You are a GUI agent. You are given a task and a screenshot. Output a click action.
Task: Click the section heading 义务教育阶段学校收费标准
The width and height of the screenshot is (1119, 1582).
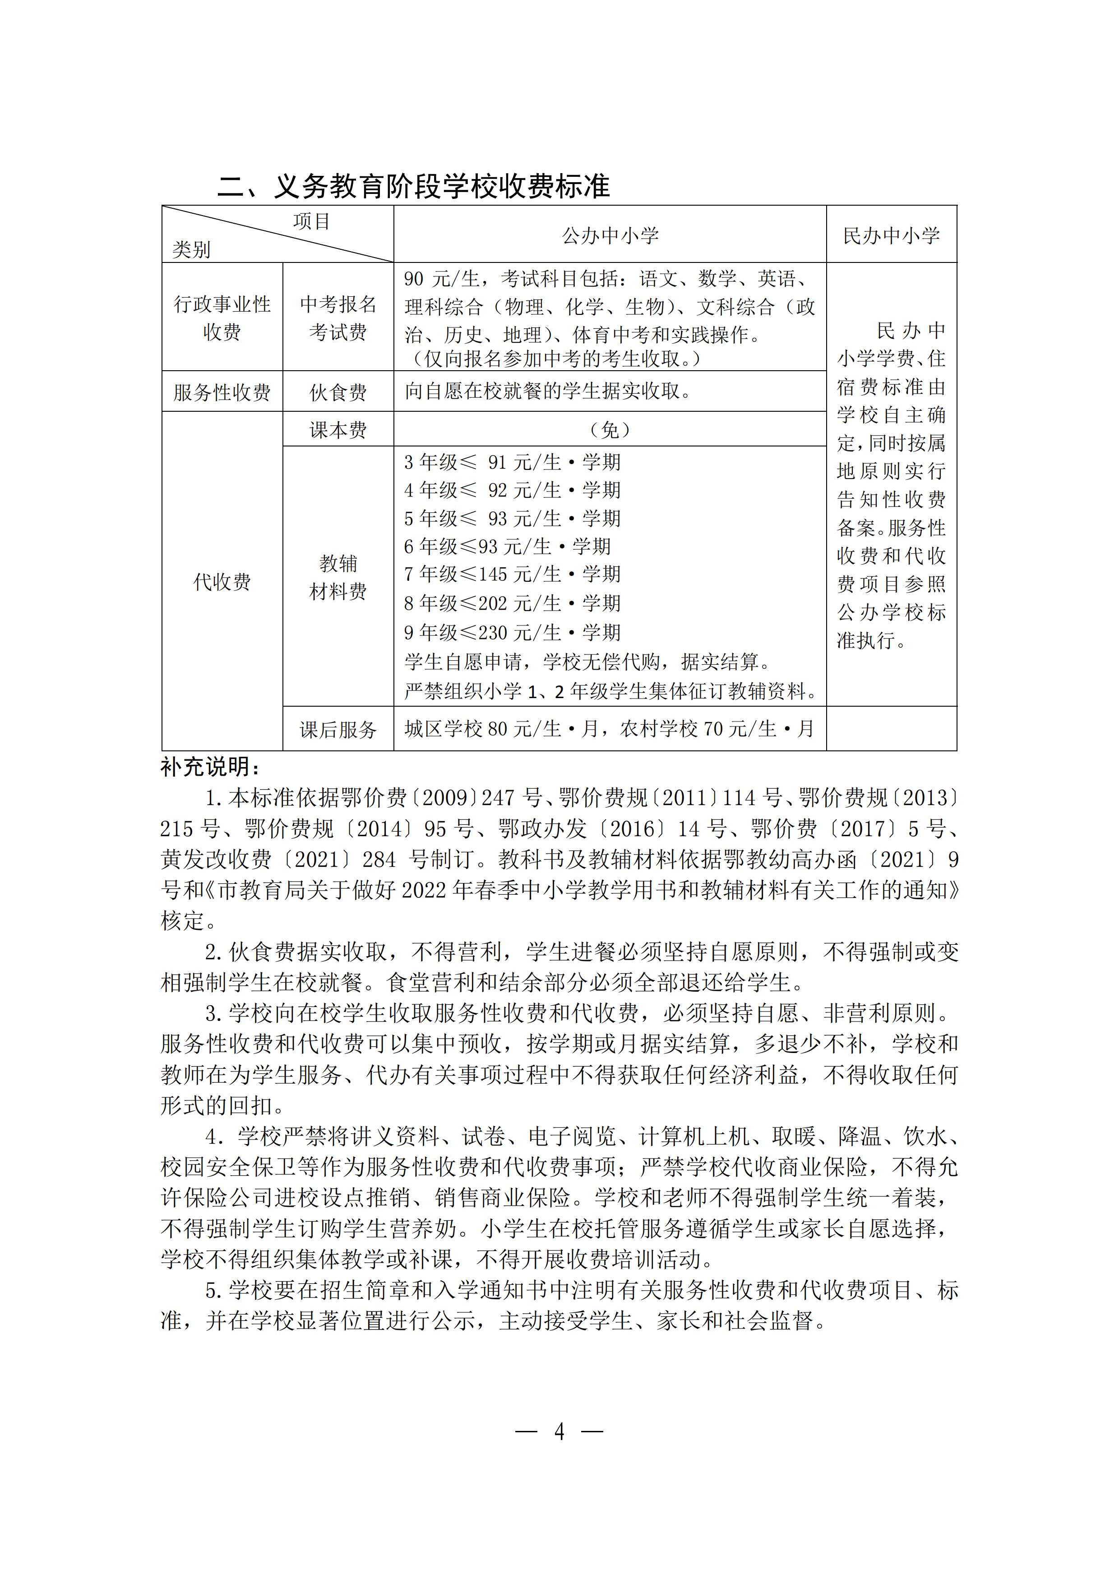(414, 187)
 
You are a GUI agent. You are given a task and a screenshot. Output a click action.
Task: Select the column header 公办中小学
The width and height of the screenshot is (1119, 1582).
(610, 236)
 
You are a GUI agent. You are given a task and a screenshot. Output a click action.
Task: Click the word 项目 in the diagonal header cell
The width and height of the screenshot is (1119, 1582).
(312, 221)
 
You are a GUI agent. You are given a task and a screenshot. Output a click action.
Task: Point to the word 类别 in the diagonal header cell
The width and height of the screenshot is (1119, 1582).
(191, 249)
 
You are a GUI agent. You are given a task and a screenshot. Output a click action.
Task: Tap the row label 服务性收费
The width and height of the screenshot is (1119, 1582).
(222, 392)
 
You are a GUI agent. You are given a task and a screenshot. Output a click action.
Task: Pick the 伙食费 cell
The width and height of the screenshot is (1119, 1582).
(338, 392)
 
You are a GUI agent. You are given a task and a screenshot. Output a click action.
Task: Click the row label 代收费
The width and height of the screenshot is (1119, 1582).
(222, 582)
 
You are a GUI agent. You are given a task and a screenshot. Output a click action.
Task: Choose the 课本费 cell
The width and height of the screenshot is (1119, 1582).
(338, 430)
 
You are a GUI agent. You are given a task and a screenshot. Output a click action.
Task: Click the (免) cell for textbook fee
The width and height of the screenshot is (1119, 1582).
(610, 430)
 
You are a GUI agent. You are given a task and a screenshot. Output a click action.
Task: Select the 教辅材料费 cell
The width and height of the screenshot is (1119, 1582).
(338, 577)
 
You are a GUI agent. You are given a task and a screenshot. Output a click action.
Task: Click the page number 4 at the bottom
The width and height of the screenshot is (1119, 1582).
(559, 1432)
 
